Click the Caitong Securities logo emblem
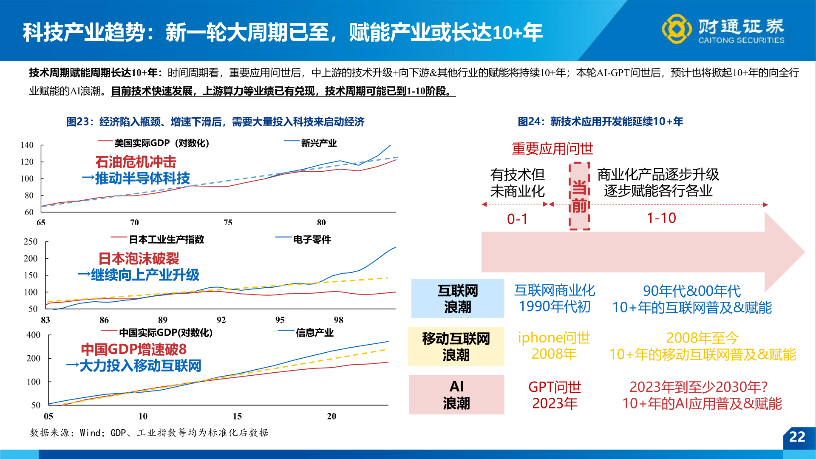pos(677,29)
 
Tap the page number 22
pos(797,437)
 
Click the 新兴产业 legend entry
pos(318,143)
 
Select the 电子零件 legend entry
pos(312,240)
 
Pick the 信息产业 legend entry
pos(314,333)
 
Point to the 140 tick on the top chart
pos(27,145)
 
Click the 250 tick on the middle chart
pos(30,242)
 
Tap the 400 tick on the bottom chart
pos(33,335)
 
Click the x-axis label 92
pos(221,320)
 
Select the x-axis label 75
pos(228,223)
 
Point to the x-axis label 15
pos(237,416)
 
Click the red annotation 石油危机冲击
pos(136,162)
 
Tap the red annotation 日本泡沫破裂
pos(139,258)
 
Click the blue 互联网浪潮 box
pos(457,298)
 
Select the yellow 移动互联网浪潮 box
pos(456,346)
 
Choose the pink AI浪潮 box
pos(456,395)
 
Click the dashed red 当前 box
pos(579,196)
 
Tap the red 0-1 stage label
pos(517,219)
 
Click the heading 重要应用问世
pos(552,149)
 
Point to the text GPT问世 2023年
pos(555,395)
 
